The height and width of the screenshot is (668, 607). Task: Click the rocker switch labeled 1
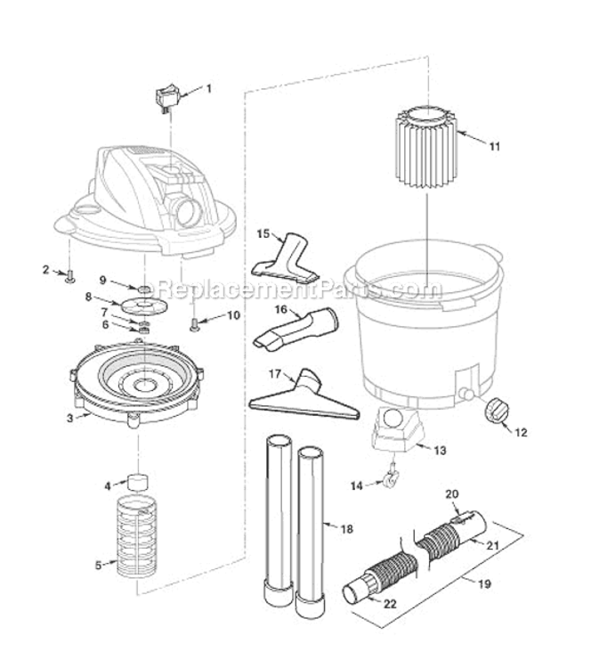(167, 95)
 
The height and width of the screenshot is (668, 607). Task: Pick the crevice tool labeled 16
(295, 329)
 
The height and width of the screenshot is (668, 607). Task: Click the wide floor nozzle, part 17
(303, 395)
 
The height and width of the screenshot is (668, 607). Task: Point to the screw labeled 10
(194, 324)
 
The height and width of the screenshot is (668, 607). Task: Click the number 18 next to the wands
(347, 529)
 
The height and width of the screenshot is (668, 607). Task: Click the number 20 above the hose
(451, 493)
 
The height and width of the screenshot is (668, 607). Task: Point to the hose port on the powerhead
(188, 211)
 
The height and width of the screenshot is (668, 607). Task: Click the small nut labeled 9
(142, 289)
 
